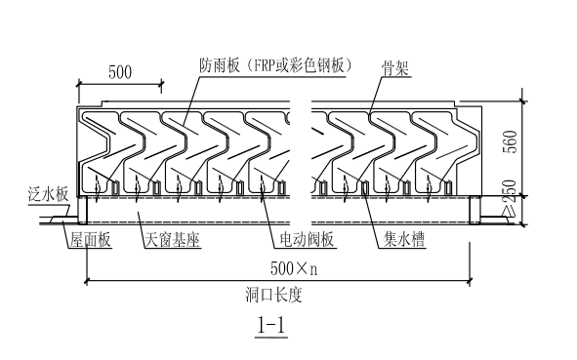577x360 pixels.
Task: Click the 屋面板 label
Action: [x=90, y=239]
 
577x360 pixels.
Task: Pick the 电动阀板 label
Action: [x=299, y=239]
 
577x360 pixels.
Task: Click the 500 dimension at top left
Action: [x=120, y=72]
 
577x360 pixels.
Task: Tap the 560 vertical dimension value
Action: [x=535, y=146]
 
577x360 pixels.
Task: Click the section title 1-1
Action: [x=269, y=326]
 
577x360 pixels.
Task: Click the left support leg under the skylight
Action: [x=87, y=208]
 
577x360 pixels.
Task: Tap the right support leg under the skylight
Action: [x=474, y=208]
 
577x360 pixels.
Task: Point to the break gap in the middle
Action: [x=305, y=146]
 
